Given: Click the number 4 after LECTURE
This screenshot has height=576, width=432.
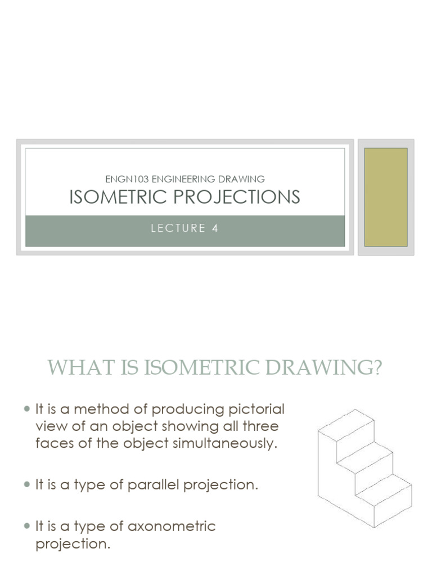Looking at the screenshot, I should tap(215, 228).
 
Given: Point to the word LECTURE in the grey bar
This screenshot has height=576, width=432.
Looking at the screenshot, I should tap(179, 228).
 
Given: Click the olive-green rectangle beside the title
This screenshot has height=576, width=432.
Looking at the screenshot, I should tap(386, 197).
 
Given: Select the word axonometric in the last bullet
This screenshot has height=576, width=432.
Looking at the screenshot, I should tap(172, 526).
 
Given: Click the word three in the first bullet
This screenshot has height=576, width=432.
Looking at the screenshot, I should tap(260, 426).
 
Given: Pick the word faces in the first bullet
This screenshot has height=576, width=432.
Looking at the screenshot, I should tap(52, 443).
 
